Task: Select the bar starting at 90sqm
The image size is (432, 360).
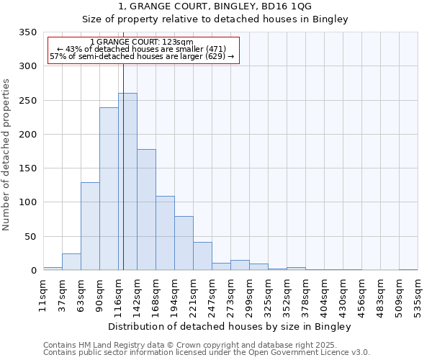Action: (x=109, y=189)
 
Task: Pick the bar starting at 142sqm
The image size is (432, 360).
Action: (x=146, y=210)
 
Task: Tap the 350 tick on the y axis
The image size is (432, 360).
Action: (x=27, y=32)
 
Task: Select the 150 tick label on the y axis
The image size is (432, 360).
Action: (x=27, y=168)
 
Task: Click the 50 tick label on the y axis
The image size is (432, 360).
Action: (x=30, y=236)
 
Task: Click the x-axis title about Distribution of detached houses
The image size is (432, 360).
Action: (x=230, y=327)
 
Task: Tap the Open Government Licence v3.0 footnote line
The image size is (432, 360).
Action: (x=207, y=352)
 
